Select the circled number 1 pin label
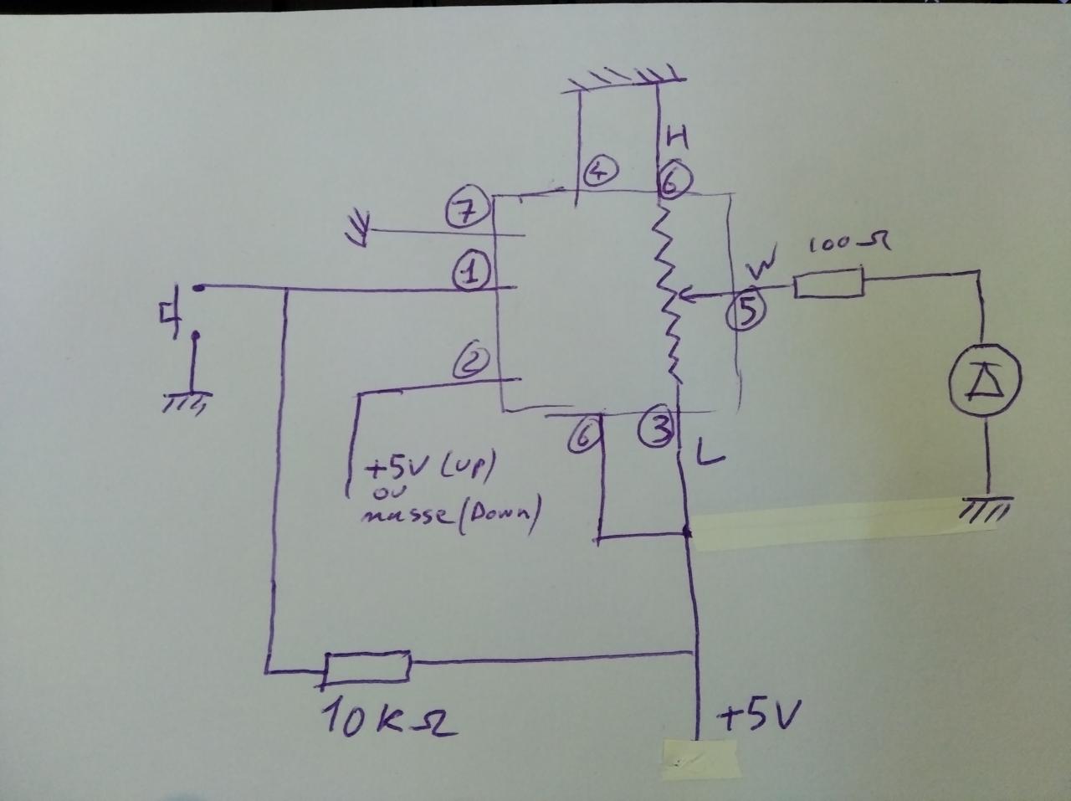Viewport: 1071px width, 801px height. (472, 272)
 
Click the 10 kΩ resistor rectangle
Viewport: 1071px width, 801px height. (368, 667)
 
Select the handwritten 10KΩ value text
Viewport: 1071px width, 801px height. (390, 721)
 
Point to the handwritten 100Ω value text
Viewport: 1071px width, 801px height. (847, 244)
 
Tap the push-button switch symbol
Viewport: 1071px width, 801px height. (181, 314)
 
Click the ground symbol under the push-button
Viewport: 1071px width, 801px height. (184, 403)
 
